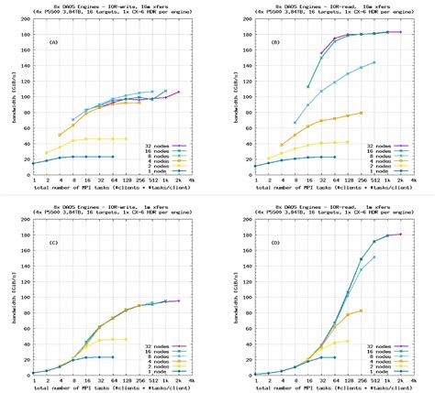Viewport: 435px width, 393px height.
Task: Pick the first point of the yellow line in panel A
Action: [x=46, y=153]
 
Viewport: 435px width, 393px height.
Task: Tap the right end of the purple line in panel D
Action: [x=400, y=234]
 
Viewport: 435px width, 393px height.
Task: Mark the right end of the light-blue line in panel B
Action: [x=374, y=63]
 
